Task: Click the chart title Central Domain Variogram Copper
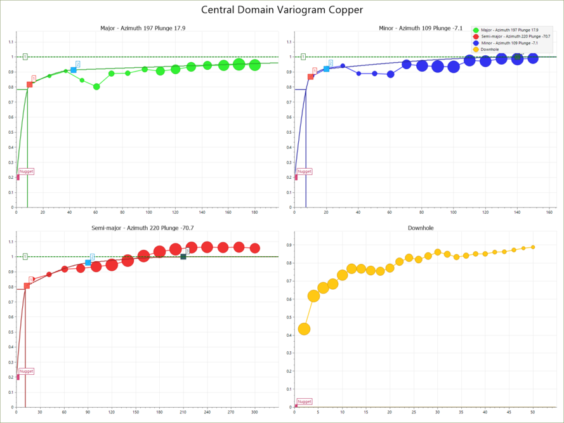282,10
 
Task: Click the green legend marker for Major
476,30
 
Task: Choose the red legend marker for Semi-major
476,37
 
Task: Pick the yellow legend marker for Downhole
476,49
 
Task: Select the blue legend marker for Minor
476,43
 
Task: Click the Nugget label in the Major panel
27,171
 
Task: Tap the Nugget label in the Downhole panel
305,401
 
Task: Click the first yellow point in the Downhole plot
304,329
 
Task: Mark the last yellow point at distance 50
533,247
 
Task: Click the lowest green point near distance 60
96,86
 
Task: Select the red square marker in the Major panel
29,84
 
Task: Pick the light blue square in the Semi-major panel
88,263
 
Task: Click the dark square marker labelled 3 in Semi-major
183,256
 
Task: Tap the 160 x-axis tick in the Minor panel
549,212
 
